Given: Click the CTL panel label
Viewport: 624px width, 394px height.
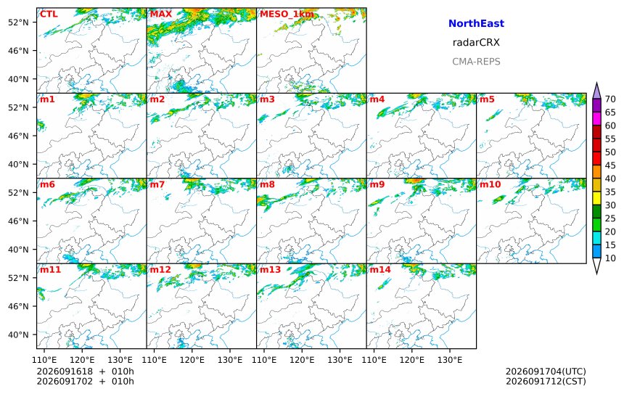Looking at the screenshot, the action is coord(49,15).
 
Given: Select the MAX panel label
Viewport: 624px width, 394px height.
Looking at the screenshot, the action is coord(161,15).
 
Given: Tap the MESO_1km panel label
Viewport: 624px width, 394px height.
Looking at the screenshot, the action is coord(287,15).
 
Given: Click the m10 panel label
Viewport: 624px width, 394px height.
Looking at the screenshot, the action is coord(490,184).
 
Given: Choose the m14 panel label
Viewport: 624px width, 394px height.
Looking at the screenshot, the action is coord(380,269).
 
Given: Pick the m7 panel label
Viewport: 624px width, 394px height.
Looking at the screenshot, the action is coord(157,184).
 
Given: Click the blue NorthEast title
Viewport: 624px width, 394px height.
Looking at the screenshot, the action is coord(476,23).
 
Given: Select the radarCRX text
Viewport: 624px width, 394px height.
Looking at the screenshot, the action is coord(476,43).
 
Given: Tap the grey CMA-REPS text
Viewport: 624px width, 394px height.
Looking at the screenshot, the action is coord(476,62).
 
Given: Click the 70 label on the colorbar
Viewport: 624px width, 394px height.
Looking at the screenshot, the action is coord(610,99).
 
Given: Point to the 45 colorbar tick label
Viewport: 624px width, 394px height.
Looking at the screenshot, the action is coord(610,165).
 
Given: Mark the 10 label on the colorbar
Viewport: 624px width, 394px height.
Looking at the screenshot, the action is coord(610,258).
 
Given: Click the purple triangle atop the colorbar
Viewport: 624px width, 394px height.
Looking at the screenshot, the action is coord(596,91).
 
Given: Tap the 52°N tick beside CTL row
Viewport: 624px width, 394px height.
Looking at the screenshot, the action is coord(18,22).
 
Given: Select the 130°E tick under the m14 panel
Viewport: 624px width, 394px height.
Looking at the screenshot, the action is coord(450,360).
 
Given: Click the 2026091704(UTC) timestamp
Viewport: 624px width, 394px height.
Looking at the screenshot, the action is coord(546,372).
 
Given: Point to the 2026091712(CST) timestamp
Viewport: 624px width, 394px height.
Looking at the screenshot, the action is coord(546,381).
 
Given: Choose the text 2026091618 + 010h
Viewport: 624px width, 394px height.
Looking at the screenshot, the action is coord(85,372).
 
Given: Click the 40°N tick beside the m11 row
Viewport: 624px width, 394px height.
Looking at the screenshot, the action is coord(18,335).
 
